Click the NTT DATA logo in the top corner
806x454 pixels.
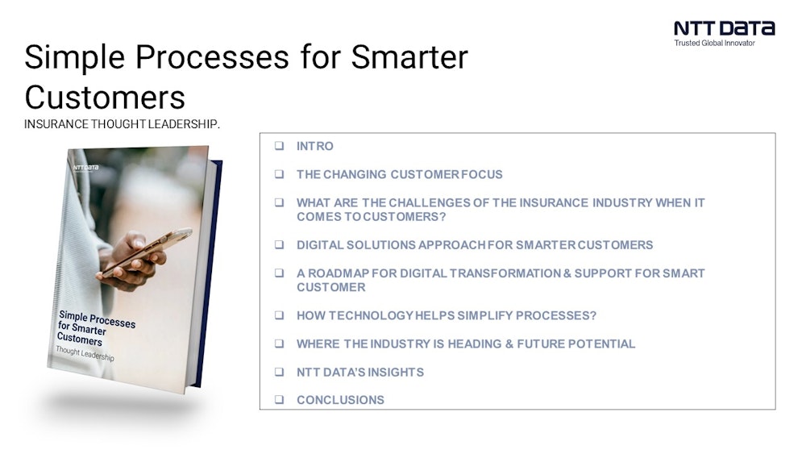click(724, 28)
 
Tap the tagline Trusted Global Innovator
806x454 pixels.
click(714, 44)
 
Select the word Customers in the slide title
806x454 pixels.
click(105, 97)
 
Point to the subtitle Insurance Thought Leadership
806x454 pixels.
click(122, 124)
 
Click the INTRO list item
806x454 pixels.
click(314, 146)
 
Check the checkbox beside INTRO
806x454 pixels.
click(279, 146)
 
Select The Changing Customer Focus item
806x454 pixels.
click(399, 174)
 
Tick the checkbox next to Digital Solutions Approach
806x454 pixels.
click(279, 244)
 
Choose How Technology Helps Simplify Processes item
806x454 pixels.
click(446, 315)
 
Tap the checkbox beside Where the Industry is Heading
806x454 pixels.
click(279, 344)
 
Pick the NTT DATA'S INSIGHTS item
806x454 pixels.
click(359, 372)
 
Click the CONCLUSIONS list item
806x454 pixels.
click(340, 400)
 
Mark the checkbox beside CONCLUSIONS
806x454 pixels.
click(279, 400)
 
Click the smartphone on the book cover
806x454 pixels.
click(145, 254)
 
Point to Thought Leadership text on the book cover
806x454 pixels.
click(84, 354)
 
